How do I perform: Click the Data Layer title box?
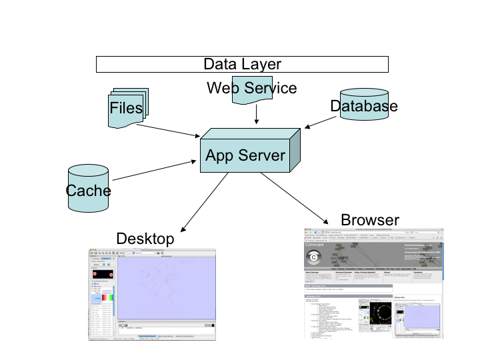243,64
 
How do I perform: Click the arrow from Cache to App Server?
157,171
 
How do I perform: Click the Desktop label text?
145,239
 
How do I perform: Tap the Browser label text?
369,220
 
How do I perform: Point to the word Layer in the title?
261,64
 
